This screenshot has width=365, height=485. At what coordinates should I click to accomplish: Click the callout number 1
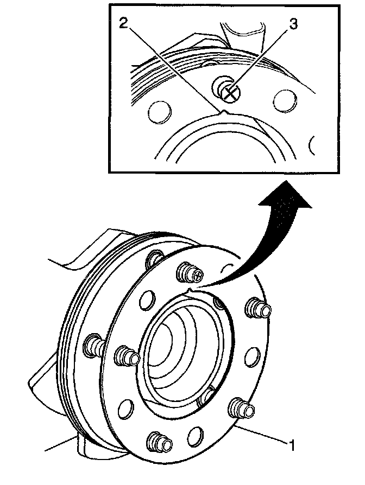tap(293, 446)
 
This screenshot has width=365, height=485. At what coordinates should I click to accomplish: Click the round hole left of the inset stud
tap(159, 111)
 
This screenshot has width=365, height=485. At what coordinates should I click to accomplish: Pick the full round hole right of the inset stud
tap(285, 101)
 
